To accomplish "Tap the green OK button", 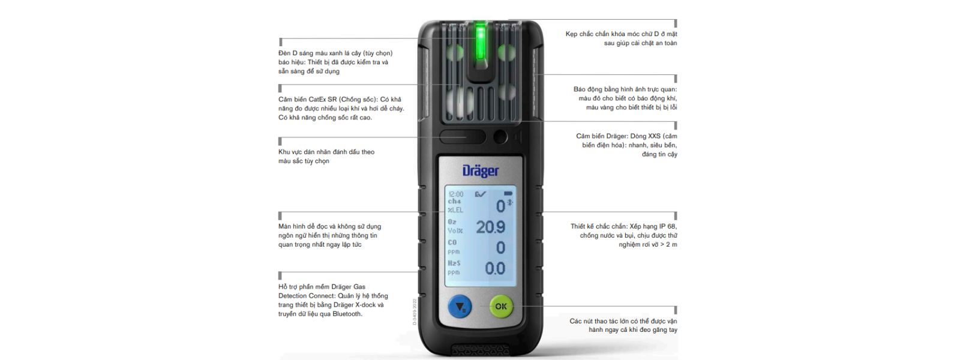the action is point(501,307).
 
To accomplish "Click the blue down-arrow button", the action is point(460,307).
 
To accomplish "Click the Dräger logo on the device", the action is point(481,171).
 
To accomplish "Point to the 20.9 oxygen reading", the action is point(490,227).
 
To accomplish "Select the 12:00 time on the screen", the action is point(455,194).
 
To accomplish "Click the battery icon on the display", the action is point(508,194).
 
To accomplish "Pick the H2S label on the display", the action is point(454,263).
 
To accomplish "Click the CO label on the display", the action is point(452,242).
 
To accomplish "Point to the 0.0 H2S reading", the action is point(495,269).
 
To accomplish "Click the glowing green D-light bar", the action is point(481,42).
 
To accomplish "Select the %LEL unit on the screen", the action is point(455,210).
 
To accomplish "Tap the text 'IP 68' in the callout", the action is point(667,226).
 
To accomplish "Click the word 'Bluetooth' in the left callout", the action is point(347,314).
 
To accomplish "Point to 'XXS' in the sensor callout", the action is point(655,136).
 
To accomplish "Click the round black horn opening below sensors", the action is point(500,137).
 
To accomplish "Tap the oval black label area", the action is point(463,137).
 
